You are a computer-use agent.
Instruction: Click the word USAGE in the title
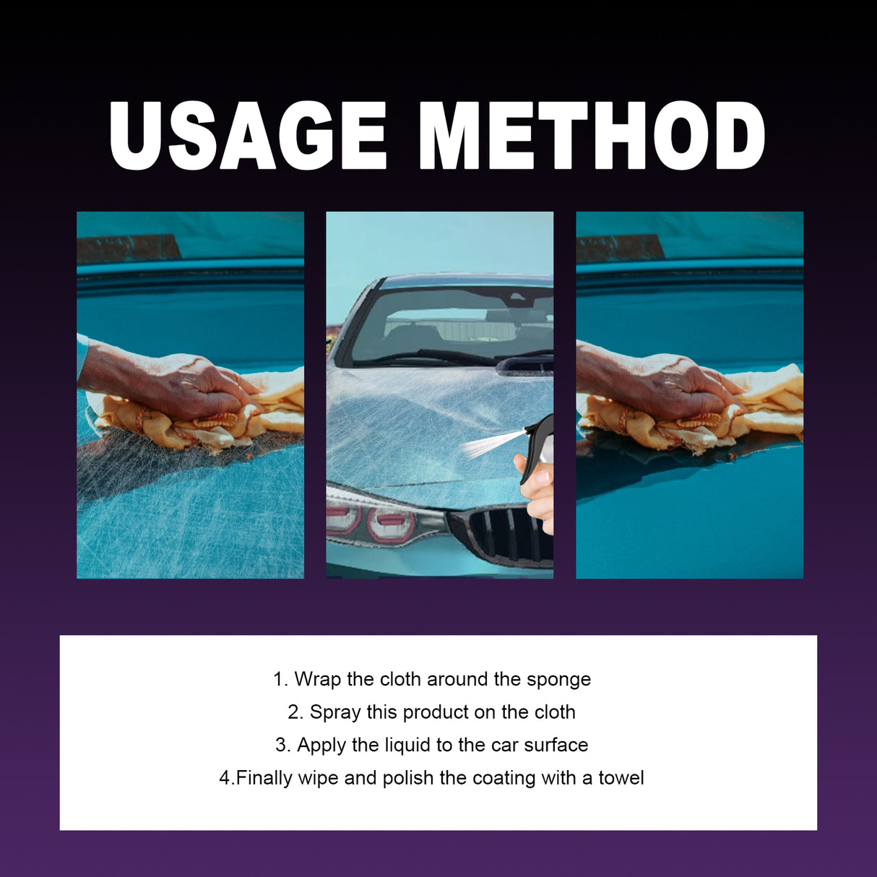pyautogui.click(x=248, y=135)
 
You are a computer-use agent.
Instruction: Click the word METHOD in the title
pyautogui.click(x=591, y=135)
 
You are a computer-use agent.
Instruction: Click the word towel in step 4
pyautogui.click(x=621, y=778)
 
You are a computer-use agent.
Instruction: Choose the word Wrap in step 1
pyautogui.click(x=317, y=679)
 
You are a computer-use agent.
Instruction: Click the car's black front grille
pyautogui.click(x=506, y=535)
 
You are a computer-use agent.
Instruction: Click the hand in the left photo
pyautogui.click(x=181, y=383)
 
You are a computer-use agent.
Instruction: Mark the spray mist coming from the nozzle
pyautogui.click(x=488, y=443)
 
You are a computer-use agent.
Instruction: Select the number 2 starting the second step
pyautogui.click(x=293, y=712)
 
